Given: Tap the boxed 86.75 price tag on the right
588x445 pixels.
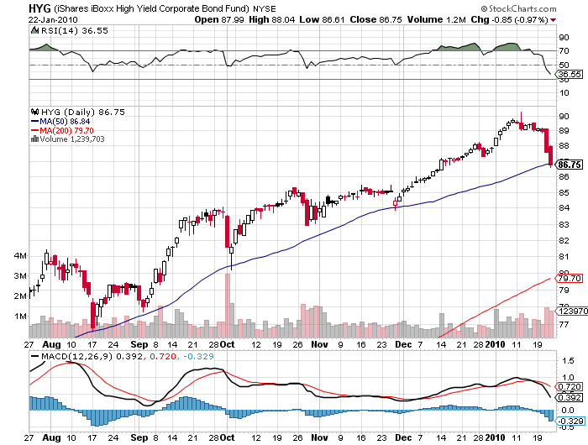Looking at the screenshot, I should coord(570,164).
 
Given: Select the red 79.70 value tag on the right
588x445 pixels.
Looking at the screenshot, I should coord(570,278).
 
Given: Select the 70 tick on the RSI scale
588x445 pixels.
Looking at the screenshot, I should coord(562,50).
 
